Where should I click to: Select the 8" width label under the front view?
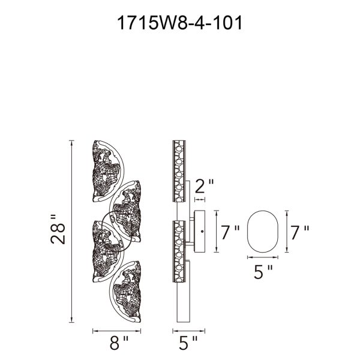point(118,344)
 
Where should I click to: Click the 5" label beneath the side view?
point(188,344)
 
